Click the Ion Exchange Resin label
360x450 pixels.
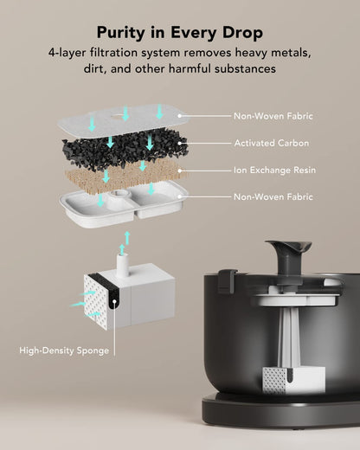pyautogui.click(x=274, y=170)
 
